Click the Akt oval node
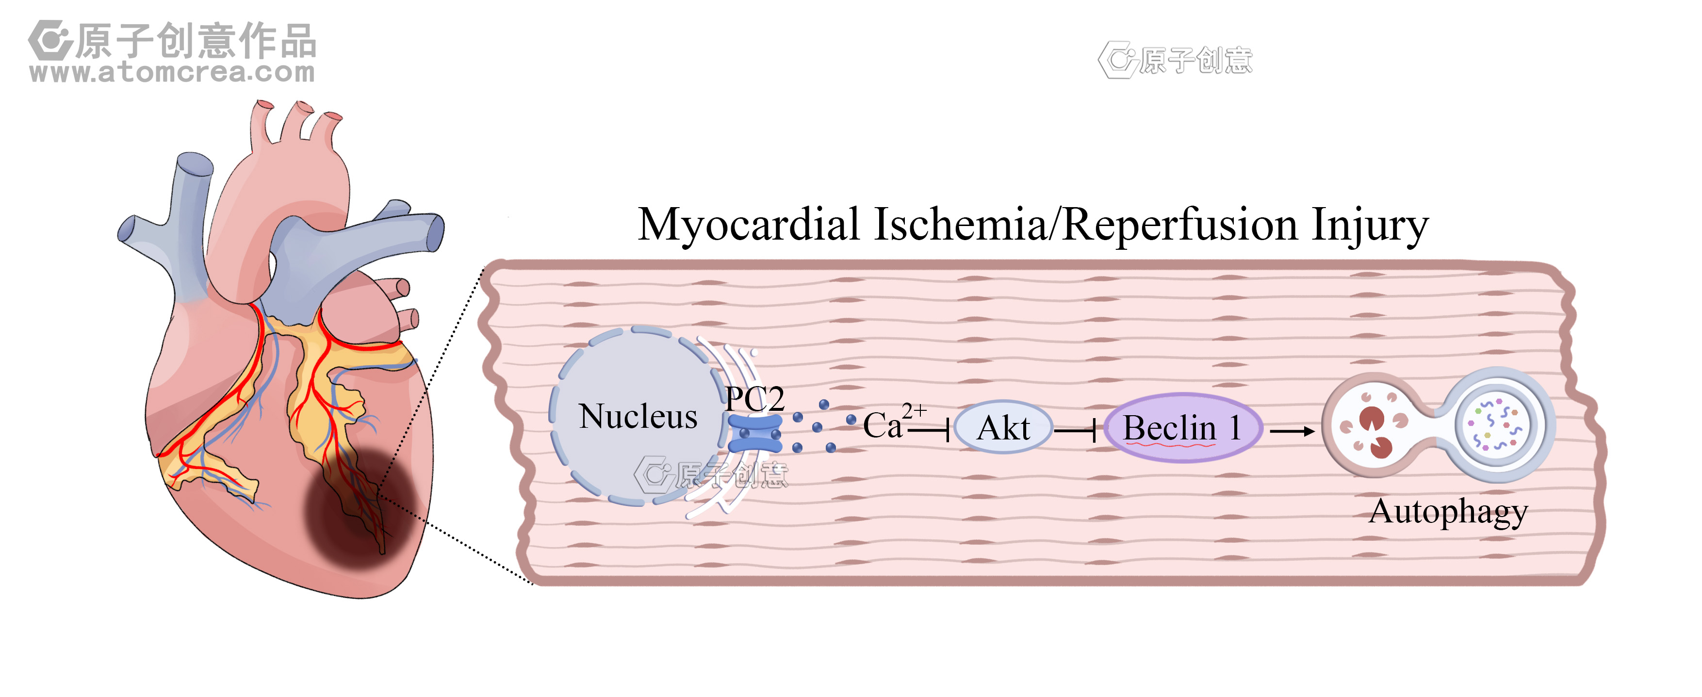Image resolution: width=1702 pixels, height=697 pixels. pyautogui.click(x=1003, y=427)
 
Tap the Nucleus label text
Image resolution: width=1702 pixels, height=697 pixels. pyautogui.click(x=638, y=416)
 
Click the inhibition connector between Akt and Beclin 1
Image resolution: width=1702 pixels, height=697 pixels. pyautogui.click(x=1076, y=431)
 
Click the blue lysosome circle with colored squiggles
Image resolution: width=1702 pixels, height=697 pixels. pyautogui.click(x=1496, y=425)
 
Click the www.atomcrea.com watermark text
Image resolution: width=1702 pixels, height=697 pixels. pyautogui.click(x=172, y=72)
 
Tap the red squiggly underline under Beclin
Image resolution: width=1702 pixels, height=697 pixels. pyautogui.click(x=1169, y=445)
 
